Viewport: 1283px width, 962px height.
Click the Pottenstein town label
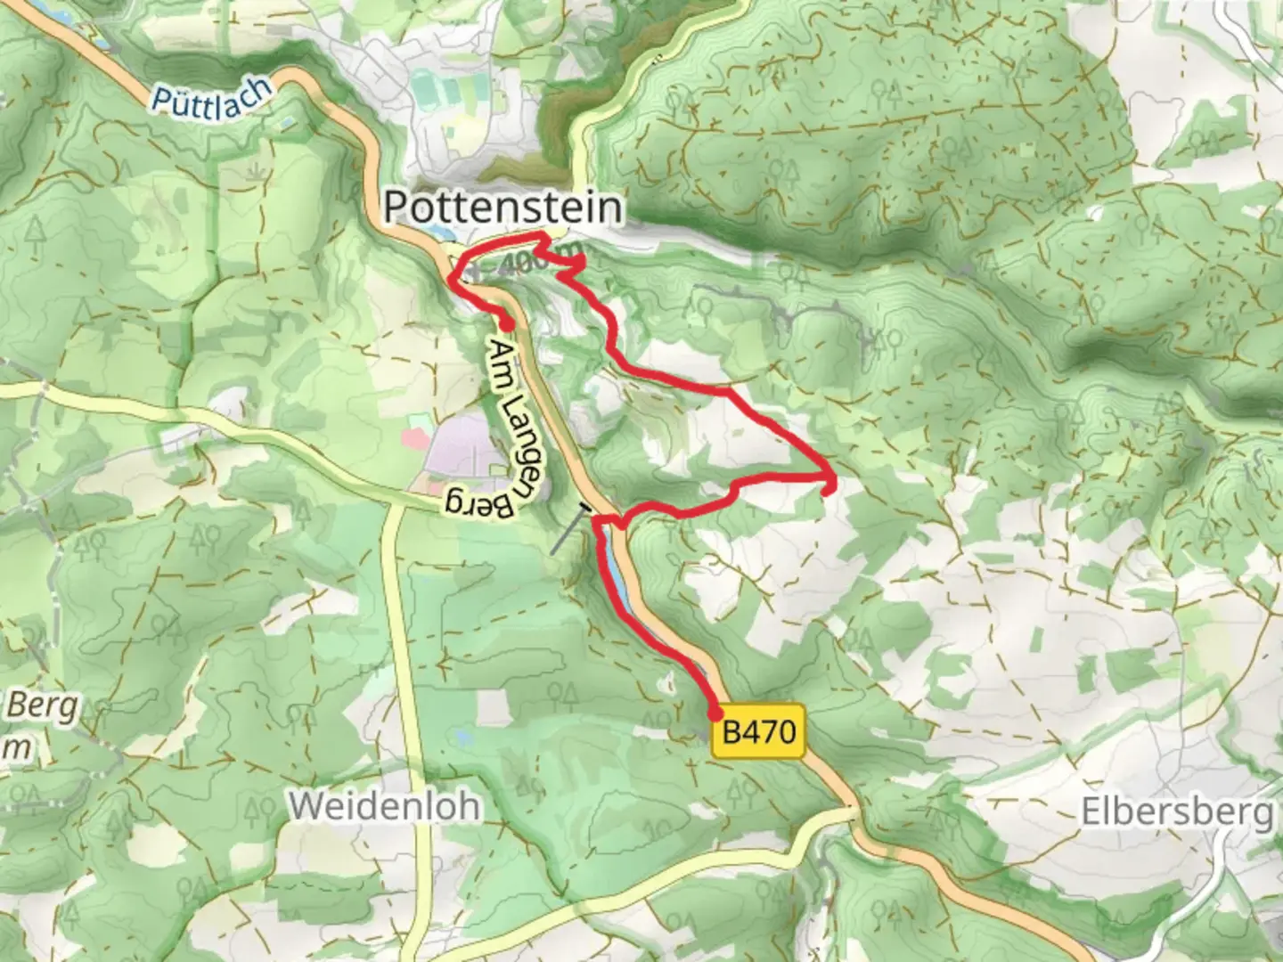pos(503,208)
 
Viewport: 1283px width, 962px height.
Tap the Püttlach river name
pos(210,96)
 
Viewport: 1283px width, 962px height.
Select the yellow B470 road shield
pos(758,733)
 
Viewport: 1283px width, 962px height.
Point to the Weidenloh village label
pos(384,806)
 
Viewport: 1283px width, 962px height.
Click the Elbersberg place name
pos(1176,812)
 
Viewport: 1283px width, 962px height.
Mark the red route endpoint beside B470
pos(715,713)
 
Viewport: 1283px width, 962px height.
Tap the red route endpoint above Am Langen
pos(506,324)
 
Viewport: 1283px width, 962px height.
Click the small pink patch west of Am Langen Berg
pos(415,437)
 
